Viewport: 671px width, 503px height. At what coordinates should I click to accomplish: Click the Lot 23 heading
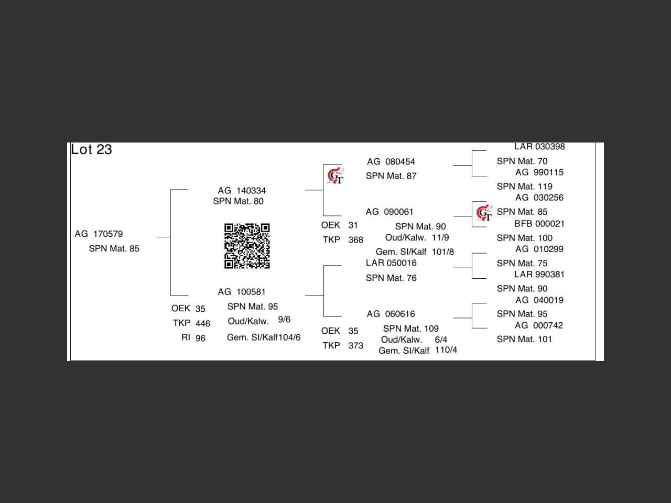(x=91, y=150)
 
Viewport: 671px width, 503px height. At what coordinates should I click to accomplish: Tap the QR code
(x=247, y=246)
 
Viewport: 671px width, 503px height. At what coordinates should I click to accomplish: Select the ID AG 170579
(x=99, y=234)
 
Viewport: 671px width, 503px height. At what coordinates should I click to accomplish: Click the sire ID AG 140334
(x=242, y=191)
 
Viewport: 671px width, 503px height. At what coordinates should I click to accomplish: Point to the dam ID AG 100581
(x=242, y=292)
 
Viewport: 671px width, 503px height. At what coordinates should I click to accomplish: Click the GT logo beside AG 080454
(x=335, y=176)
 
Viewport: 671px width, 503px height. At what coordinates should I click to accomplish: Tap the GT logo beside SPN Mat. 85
(x=484, y=213)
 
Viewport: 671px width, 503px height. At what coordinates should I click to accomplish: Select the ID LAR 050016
(x=391, y=263)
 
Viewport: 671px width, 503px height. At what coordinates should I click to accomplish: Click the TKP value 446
(x=202, y=324)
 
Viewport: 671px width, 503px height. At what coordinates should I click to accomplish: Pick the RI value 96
(x=200, y=338)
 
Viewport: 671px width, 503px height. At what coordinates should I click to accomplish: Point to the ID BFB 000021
(x=539, y=224)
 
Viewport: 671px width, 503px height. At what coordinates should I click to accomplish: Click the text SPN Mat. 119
(x=524, y=187)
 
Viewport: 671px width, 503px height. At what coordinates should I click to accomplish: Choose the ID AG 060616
(x=391, y=314)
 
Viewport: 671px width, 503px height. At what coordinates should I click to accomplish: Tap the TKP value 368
(x=355, y=240)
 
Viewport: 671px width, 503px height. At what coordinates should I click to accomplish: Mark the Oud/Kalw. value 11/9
(x=440, y=237)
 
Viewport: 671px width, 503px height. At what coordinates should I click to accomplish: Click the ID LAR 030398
(x=539, y=147)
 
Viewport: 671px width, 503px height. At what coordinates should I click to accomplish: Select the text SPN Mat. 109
(x=410, y=329)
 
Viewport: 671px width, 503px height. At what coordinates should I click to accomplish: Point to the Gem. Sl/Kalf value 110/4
(x=446, y=350)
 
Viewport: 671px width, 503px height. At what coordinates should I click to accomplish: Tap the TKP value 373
(x=355, y=346)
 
